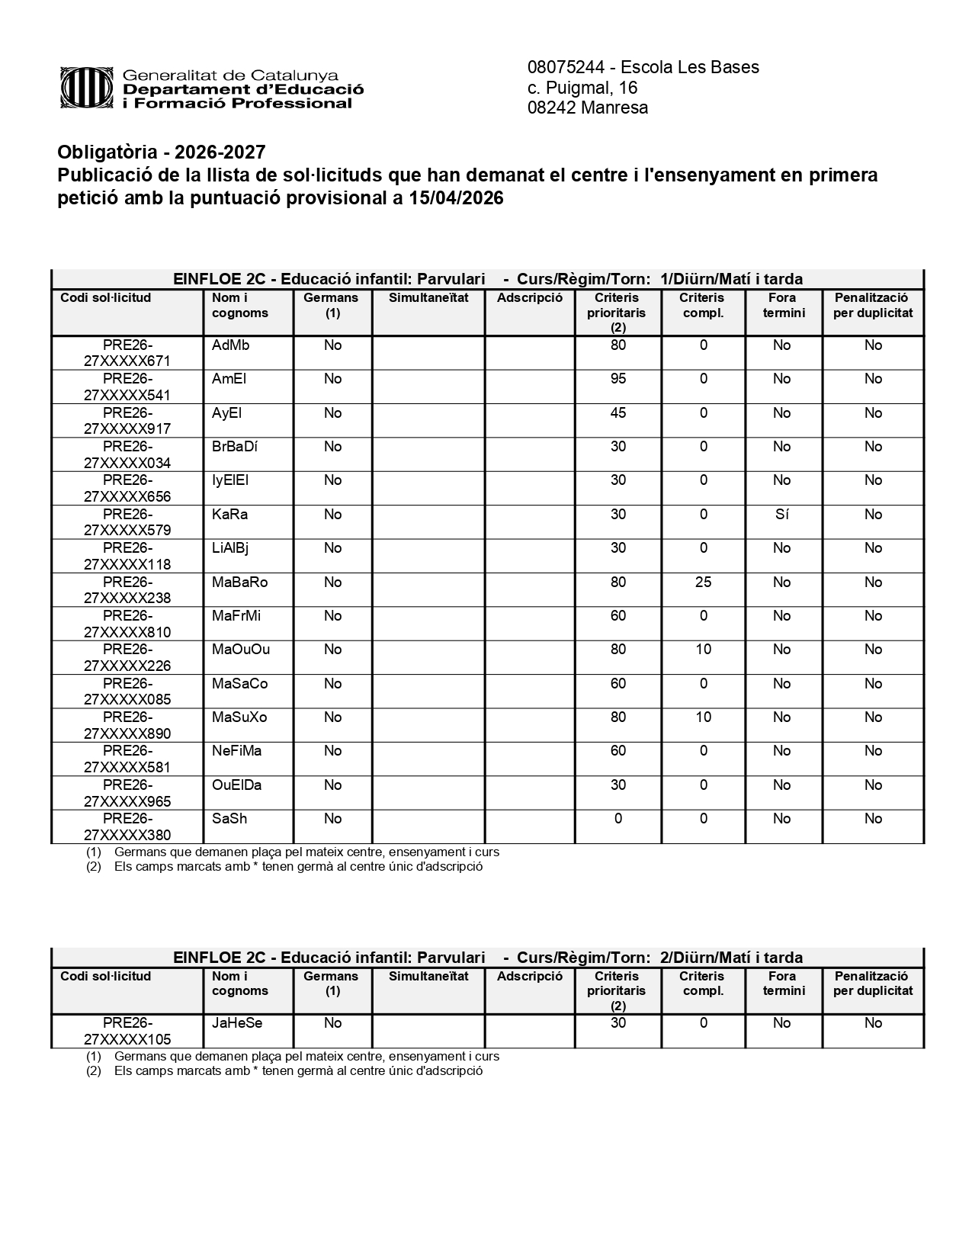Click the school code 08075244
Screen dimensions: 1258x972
coord(565,67)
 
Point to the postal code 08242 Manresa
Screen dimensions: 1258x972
coord(588,108)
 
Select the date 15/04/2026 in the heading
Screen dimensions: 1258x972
coord(456,198)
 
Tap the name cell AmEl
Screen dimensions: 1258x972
coord(229,379)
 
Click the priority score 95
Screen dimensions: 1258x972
coord(618,379)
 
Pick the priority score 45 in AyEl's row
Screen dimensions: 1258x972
coord(618,413)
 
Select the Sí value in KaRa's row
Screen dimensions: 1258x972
coord(781,515)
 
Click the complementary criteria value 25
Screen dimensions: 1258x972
coord(703,582)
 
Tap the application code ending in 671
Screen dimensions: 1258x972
coord(127,353)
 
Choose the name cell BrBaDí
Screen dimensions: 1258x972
coord(235,447)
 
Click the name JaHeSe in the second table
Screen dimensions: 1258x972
coord(237,1023)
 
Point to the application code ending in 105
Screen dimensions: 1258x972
coord(127,1031)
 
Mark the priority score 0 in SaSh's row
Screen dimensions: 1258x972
coord(618,819)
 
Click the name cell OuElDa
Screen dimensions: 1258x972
coord(237,785)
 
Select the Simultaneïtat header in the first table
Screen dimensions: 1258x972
coord(428,298)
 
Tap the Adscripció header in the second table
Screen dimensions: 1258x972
coord(530,977)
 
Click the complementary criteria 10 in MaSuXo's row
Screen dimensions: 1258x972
coord(703,717)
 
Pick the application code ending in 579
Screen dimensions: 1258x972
coord(127,522)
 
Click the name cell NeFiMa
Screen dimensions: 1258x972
coord(237,751)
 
